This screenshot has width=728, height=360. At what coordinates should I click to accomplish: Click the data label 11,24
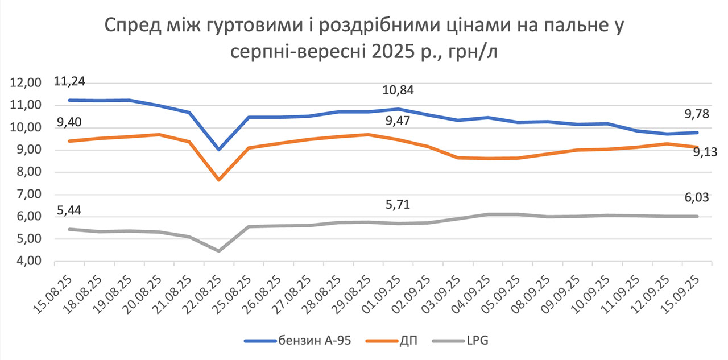69,82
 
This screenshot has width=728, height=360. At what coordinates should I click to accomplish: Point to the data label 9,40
68,123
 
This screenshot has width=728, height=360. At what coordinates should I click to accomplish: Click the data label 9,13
705,152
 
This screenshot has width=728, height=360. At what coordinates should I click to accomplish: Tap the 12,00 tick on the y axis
26,83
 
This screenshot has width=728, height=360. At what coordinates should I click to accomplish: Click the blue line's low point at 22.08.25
219,150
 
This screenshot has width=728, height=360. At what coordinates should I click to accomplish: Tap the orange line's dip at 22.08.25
219,180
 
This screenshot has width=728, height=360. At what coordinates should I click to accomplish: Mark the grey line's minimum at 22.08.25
219,251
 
